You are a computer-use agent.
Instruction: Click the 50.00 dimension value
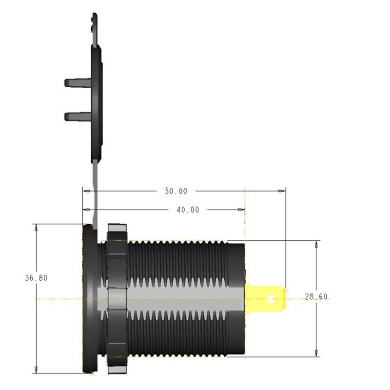tap(176, 192)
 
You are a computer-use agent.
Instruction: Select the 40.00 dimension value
tap(188, 210)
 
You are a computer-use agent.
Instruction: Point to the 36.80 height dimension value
tap(36, 278)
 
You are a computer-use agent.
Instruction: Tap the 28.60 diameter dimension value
tap(316, 297)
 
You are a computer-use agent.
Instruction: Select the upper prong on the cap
tap(76, 82)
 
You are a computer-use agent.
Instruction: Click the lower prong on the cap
tap(76, 117)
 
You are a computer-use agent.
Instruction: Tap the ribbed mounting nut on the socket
tap(116, 297)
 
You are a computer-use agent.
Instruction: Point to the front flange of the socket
tap(89, 297)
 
